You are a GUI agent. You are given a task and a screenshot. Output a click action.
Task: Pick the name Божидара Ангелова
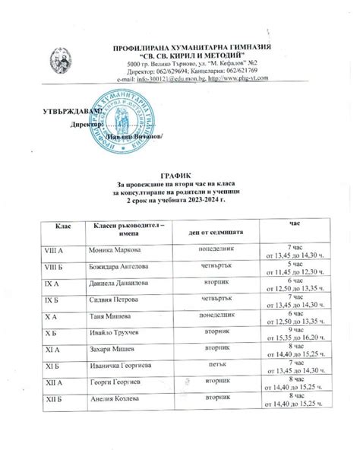tap(126, 268)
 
